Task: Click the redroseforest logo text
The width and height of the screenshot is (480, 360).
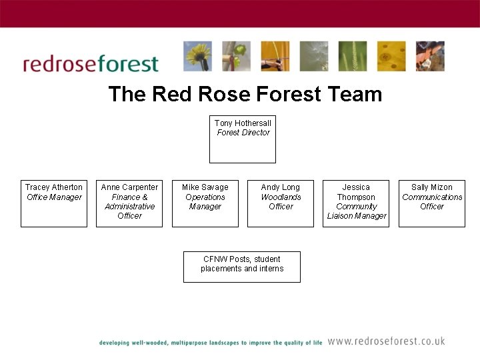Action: point(91,64)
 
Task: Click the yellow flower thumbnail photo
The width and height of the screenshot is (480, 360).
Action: point(197,57)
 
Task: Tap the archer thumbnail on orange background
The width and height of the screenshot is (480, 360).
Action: point(275,57)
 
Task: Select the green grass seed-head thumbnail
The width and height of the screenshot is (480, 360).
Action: point(352,57)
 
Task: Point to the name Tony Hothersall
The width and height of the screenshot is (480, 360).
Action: point(243,123)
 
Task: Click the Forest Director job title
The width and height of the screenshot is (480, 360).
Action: point(243,133)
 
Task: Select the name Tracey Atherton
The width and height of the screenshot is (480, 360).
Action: point(54,187)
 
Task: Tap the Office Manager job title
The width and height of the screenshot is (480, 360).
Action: point(54,197)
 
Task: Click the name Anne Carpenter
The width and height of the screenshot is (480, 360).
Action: point(129,187)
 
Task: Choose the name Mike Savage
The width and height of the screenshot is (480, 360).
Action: point(205,187)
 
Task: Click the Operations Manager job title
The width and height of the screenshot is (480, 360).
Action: point(205,202)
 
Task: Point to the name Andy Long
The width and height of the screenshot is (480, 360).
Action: point(281,187)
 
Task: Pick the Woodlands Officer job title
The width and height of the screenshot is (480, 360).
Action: point(281,202)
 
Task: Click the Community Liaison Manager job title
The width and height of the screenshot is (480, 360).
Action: point(357,211)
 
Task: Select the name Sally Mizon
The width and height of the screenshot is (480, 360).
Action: point(432,187)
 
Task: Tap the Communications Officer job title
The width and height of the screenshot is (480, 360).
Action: point(432,202)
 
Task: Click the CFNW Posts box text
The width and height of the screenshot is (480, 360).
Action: point(242,264)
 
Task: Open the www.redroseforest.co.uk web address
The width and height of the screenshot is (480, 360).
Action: point(386,341)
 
